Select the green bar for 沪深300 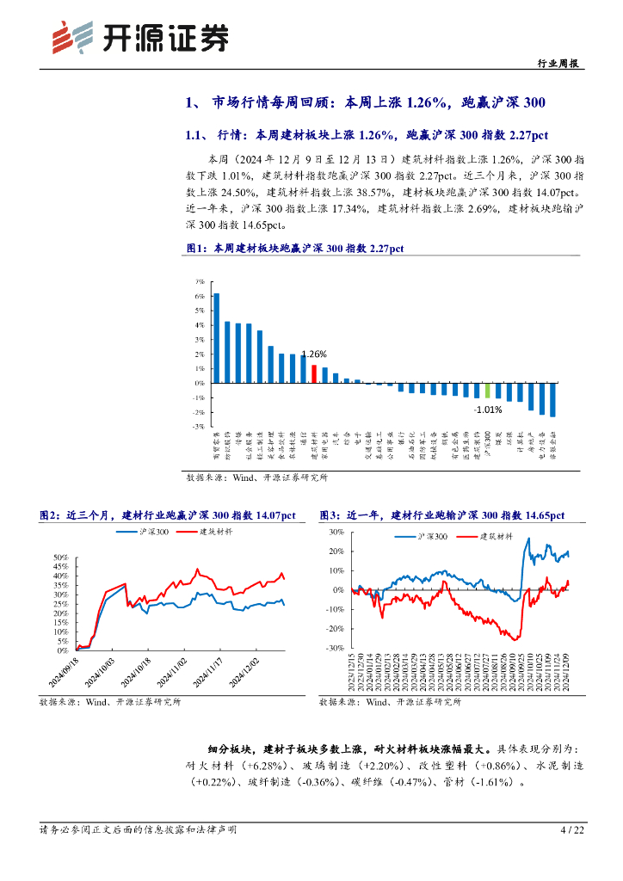tap(487, 391)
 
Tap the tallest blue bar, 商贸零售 tap(217, 338)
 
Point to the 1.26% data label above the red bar tap(313, 354)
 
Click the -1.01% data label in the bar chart tap(490, 410)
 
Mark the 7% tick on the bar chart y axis tap(199, 281)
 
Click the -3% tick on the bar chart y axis tap(199, 426)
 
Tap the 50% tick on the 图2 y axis tap(61, 558)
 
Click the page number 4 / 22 tap(572, 830)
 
